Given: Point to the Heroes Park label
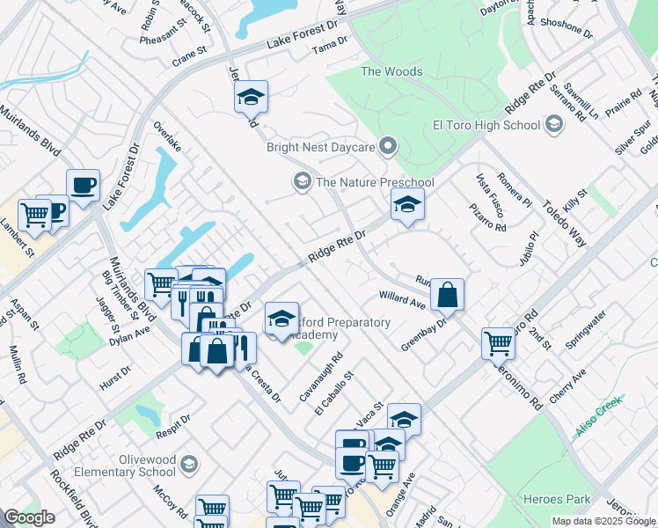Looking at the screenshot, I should pyautogui.click(x=557, y=499).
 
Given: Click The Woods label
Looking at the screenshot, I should pyautogui.click(x=391, y=72).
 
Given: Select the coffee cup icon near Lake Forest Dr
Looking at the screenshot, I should pyautogui.click(x=84, y=186).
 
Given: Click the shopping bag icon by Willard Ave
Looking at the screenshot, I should pyautogui.click(x=447, y=295).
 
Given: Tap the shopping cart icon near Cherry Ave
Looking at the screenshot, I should pyautogui.click(x=499, y=344).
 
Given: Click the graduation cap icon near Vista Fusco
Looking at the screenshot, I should pyautogui.click(x=406, y=205).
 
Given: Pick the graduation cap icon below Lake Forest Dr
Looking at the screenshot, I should pyautogui.click(x=252, y=97).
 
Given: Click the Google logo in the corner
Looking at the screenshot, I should pyautogui.click(x=28, y=517).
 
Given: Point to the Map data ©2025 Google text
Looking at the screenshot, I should pyautogui.click(x=603, y=521).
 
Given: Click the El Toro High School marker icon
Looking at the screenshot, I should pyautogui.click(x=553, y=125).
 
